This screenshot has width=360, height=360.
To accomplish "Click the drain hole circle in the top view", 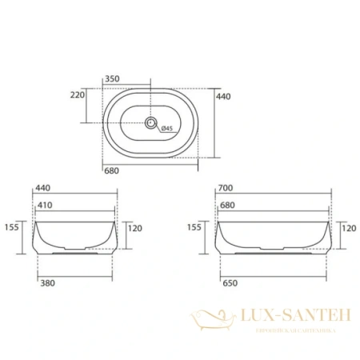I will coord(150,123).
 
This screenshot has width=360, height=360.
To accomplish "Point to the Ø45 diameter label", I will coord(166,128).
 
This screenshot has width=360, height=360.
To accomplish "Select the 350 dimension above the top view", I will coord(113,78).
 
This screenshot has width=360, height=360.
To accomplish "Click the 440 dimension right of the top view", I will coord(225,95).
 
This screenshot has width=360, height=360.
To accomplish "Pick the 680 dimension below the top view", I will coord(112,170).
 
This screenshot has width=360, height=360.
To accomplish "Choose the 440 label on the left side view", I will coord(44,189).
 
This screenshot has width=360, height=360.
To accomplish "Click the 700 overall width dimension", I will coord(226,189).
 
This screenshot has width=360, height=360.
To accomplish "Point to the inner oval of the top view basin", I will coord(150,107).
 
